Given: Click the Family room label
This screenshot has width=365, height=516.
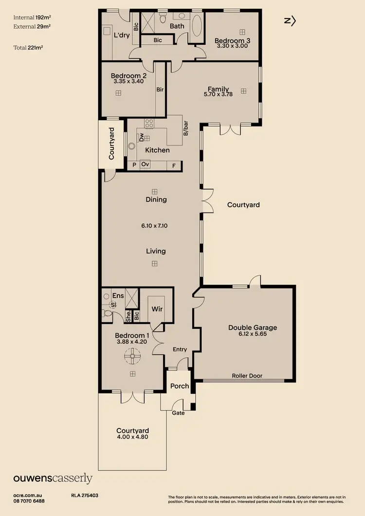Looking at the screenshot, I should coord(218,89).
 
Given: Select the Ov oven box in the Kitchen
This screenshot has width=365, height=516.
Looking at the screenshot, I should coord(145,165).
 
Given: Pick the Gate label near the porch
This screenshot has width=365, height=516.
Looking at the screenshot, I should coord(178,413).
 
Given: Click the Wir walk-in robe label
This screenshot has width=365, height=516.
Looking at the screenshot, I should coord(157,309).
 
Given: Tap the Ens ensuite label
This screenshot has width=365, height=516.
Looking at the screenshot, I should coord(118,296).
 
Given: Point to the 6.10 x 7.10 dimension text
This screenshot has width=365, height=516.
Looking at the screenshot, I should coord(154,226).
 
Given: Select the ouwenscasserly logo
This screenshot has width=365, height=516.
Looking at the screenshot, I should coord(53,478).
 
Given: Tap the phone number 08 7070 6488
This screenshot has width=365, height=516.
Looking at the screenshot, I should coord(29,501).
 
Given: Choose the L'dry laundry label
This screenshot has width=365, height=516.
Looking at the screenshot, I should coord(121,35).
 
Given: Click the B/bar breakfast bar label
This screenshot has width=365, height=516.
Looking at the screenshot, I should coord(185,129).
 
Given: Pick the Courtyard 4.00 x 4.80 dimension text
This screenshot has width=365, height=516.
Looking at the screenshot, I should coord(132,437).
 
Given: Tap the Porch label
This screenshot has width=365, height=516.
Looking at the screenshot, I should coord(179,386).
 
